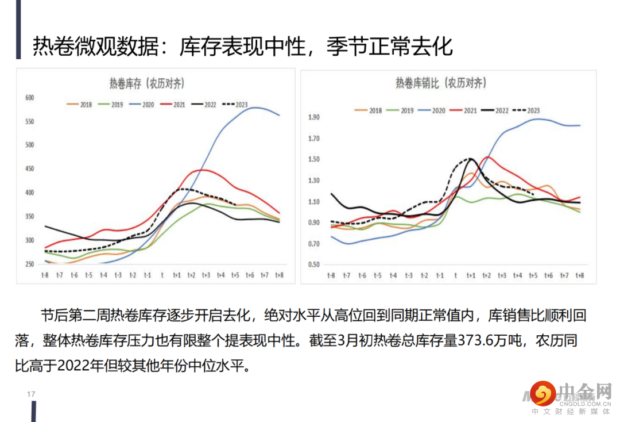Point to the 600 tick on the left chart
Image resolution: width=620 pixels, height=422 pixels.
click(x=30, y=98)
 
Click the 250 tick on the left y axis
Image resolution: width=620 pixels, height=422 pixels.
click(x=30, y=264)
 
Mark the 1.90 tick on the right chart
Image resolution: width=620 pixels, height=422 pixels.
click(x=314, y=117)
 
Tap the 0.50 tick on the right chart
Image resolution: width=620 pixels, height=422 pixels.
click(x=314, y=265)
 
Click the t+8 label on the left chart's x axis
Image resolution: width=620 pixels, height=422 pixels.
click(x=279, y=275)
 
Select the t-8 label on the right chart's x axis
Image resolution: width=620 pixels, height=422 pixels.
click(x=331, y=276)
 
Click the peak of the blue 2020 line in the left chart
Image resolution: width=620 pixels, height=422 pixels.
click(x=253, y=108)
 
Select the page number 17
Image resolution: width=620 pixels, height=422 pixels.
click(x=31, y=394)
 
